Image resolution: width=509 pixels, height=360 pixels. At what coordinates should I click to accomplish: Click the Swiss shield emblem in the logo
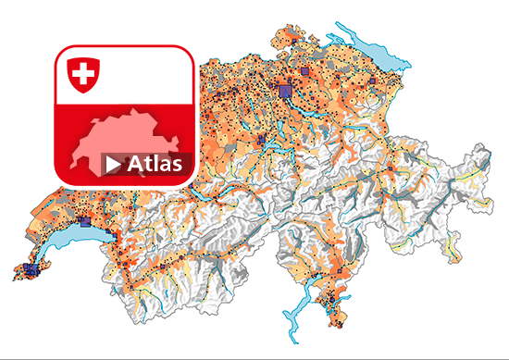click(82, 74)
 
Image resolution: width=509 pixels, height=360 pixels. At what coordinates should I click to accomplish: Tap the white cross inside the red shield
click(82, 72)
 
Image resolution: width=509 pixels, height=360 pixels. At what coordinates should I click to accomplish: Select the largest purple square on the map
click(285, 90)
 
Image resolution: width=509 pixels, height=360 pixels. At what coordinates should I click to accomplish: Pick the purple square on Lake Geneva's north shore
click(86, 223)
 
